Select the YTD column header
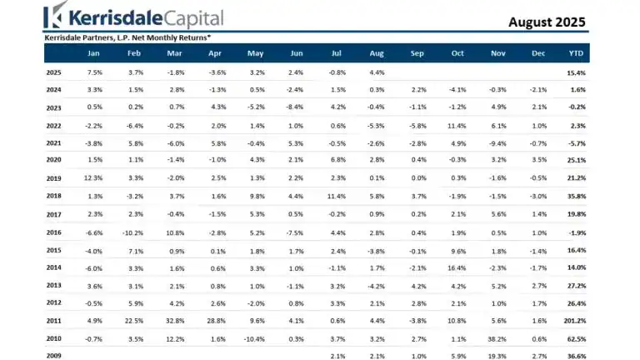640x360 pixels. (575, 53)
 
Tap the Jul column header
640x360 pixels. (337, 53)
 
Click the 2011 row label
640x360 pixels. (54, 320)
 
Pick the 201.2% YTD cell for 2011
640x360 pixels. (574, 320)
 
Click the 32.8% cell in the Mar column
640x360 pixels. (175, 320)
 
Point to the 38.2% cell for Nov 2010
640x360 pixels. (497, 339)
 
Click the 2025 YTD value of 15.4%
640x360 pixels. (576, 72)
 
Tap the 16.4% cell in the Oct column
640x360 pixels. (457, 267)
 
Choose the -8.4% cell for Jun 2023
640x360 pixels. (296, 107)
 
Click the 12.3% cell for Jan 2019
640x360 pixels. (94, 177)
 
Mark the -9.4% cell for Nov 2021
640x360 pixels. (497, 142)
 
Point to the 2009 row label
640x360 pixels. (54, 356)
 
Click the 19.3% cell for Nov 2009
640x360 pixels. (497, 356)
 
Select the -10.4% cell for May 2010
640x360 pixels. (255, 339)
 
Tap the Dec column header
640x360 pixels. (538, 53)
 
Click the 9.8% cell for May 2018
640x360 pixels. (256, 196)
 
